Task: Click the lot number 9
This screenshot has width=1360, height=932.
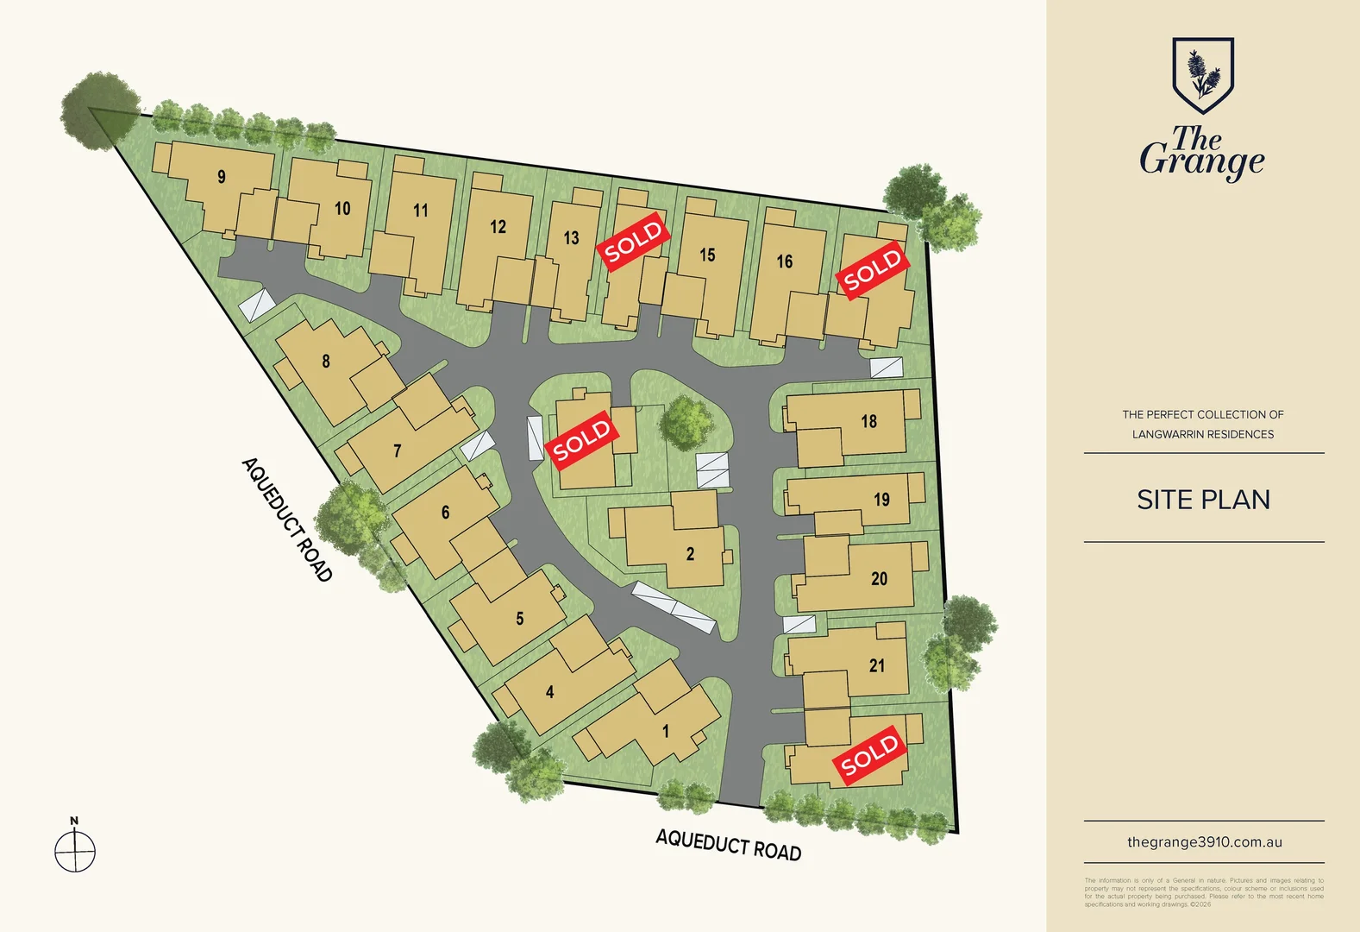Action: coord(222,177)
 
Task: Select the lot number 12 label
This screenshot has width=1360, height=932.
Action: coord(498,227)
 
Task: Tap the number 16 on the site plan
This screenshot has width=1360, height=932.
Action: coord(784,261)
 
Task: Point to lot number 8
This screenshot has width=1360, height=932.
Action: coord(326,362)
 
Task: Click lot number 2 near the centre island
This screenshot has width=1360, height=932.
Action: coord(690,554)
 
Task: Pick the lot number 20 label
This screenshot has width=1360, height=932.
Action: coord(879,579)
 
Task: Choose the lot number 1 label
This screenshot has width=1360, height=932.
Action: coord(665,732)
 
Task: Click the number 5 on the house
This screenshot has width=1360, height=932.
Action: coord(519,619)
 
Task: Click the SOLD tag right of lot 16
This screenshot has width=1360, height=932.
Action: coord(873,270)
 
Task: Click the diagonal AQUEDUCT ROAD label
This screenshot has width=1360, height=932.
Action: coord(287,520)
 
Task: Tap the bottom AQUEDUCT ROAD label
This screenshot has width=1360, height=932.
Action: coord(728,844)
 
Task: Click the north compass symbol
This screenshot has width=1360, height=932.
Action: coord(75,851)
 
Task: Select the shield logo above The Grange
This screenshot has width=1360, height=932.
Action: coord(1203,74)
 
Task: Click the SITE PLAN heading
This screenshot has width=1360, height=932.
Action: coord(1203,500)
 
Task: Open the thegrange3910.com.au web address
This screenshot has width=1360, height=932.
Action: coord(1204,842)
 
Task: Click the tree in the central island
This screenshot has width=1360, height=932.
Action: coord(686,422)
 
